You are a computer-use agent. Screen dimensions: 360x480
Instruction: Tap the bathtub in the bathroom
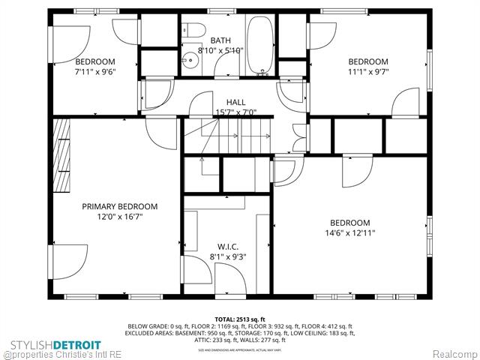pyautogui.click(x=262, y=46)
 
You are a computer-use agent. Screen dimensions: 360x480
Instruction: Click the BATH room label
pyautogui.click(x=220, y=40)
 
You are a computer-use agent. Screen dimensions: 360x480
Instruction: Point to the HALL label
pyautogui.click(x=235, y=102)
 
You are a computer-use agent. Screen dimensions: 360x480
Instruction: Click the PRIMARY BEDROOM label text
pyautogui.click(x=120, y=206)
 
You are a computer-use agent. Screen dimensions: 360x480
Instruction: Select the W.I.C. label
pyautogui.click(x=228, y=245)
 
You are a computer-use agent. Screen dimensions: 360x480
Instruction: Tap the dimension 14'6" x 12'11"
pyautogui.click(x=349, y=233)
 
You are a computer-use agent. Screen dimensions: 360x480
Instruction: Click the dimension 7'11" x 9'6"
pyautogui.click(x=94, y=73)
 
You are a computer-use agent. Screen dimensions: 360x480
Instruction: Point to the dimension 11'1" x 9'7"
pyautogui.click(x=367, y=73)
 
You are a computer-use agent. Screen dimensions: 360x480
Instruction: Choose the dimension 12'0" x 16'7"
pyautogui.click(x=120, y=217)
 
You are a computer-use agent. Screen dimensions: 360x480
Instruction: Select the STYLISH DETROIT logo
pyautogui.click(x=55, y=344)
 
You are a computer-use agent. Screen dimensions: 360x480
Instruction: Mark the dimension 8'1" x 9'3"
pyautogui.click(x=228, y=256)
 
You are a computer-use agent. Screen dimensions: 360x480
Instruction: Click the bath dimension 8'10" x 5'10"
pyautogui.click(x=220, y=51)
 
